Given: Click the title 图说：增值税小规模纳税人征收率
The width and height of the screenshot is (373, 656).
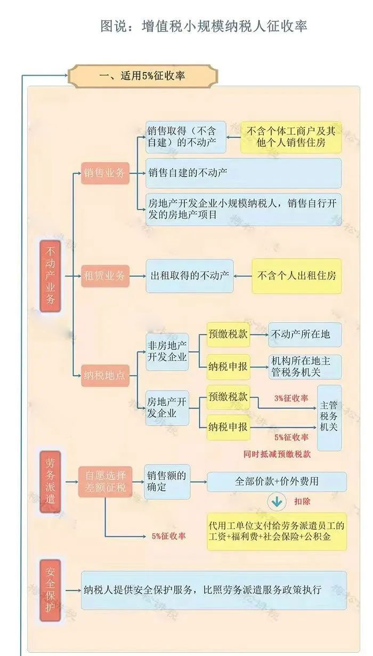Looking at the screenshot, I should [x=204, y=25].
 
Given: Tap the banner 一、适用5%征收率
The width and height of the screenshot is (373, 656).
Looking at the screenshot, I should [x=143, y=76].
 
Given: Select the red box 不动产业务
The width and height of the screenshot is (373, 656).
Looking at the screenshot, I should [x=51, y=275].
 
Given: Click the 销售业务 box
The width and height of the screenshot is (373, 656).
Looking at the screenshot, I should [x=105, y=173].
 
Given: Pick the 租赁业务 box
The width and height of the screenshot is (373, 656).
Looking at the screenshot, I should [x=105, y=276].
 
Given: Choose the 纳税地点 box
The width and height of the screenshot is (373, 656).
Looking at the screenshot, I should [x=105, y=375].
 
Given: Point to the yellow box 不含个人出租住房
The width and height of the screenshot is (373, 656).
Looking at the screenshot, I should [x=296, y=276].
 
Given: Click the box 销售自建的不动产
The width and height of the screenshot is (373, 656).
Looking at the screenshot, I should [x=243, y=173].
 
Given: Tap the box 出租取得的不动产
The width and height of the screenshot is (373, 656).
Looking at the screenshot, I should [x=190, y=276].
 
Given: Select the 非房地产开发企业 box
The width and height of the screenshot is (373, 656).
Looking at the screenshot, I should [x=167, y=351].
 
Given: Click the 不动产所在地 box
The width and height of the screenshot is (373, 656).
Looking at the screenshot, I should [x=305, y=334].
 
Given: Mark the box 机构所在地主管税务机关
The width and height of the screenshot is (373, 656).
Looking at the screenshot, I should [x=305, y=366].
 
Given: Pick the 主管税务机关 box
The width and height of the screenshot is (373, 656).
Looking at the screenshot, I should [x=329, y=417].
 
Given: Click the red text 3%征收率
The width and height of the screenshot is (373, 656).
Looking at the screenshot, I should [x=291, y=398].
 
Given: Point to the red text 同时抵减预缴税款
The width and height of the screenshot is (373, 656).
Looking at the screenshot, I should [x=277, y=454].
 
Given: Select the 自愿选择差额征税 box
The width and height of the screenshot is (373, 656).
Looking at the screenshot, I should [x=105, y=482].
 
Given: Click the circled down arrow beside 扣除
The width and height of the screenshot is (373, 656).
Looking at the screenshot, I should [x=277, y=502].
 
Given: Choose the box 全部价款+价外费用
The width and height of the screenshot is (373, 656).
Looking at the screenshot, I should [x=277, y=482].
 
